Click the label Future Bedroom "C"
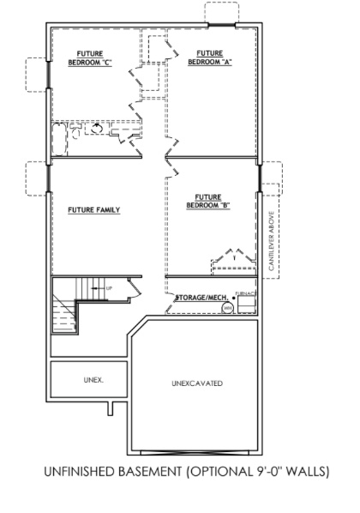[90, 57]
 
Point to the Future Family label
[93, 209]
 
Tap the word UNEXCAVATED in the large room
[196, 383]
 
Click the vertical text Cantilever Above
[271, 241]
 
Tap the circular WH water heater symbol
[228, 306]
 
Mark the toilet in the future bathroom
[97, 130]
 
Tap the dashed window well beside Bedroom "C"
[37, 72]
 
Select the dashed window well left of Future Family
[37, 178]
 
